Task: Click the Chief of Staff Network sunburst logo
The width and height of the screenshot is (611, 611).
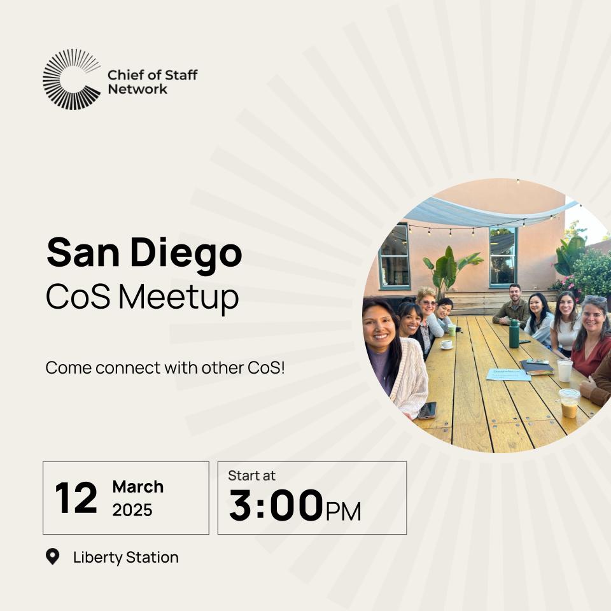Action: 71,80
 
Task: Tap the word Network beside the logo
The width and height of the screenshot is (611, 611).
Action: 137,89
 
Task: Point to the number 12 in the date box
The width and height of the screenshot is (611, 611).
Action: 76,498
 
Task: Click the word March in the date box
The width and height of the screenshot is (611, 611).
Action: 138,487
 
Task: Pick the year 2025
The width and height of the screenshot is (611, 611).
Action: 132,510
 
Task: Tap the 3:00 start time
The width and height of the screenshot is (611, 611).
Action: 276,506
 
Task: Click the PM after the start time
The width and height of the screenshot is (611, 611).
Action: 343,511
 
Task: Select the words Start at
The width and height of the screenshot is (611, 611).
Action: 252,475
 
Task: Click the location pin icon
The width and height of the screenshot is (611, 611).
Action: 53,557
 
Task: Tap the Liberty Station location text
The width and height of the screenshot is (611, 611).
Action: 125,558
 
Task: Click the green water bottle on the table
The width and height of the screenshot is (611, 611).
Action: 514,334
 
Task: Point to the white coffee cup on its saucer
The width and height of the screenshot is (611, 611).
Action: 447,344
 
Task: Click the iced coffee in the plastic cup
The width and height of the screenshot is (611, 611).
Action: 569,404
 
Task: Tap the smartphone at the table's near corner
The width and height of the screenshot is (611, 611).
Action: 427,410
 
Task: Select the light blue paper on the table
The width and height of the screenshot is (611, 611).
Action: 507,374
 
